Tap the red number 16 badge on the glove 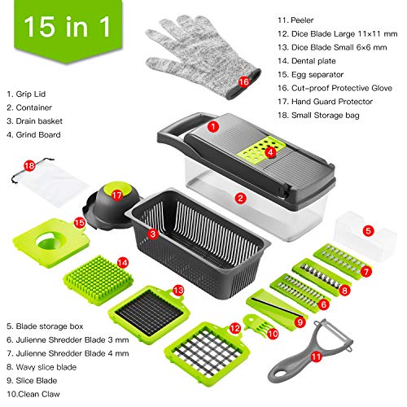tap(243, 80)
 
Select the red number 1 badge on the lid tap(212, 126)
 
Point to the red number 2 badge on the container tap(240, 196)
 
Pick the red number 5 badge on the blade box tap(369, 231)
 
